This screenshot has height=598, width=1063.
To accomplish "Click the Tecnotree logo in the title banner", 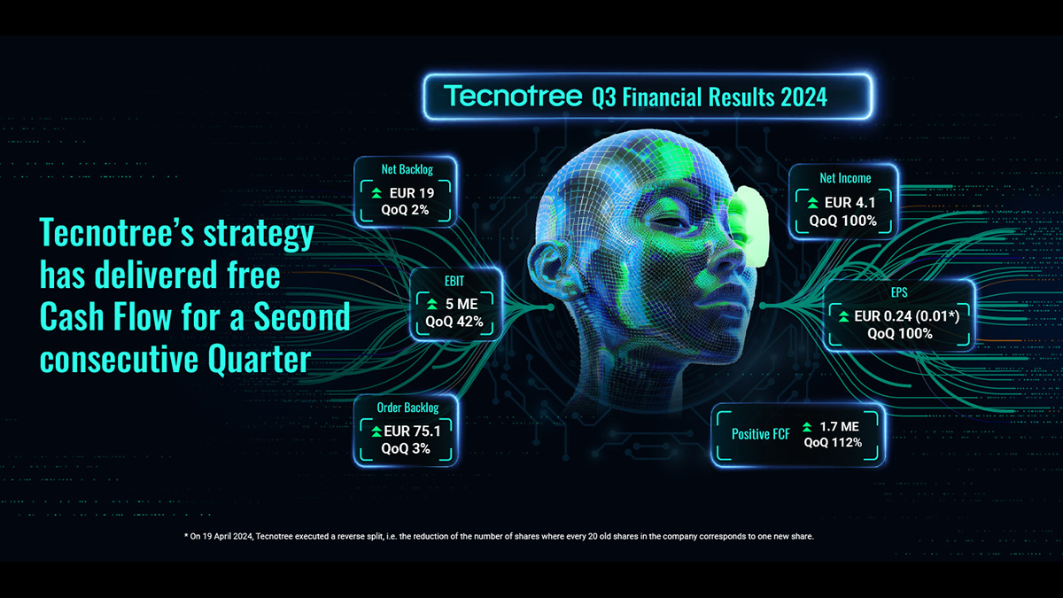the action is coord(513,96).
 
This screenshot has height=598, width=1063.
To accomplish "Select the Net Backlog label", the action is coord(407,169).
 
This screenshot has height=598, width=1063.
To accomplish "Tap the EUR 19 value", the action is coord(411,193).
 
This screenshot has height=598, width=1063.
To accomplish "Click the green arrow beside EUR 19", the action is coord(376,193).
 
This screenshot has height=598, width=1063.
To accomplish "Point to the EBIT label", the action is coord(454,282).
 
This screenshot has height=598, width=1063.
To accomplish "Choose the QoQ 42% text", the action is coord(454,322).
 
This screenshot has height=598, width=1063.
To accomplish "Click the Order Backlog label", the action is coord(407,408).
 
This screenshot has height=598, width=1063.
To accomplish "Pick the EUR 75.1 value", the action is coord(412,431).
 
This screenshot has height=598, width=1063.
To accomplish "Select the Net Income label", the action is coord(845,178).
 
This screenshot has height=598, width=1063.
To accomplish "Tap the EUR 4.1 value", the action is coord(850,203).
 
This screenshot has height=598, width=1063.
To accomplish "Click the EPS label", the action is coord(899,292).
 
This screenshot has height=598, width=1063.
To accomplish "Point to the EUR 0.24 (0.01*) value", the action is coord(906,316).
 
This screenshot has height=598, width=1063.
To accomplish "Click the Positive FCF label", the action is coord(761,434).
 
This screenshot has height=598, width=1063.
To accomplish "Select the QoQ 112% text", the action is coord(833,443).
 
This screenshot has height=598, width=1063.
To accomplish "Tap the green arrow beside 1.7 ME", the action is coord(807,427).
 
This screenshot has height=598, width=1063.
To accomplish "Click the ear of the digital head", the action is coord(550,267).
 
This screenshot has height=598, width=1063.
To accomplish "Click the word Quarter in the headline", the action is coord(259,360).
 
